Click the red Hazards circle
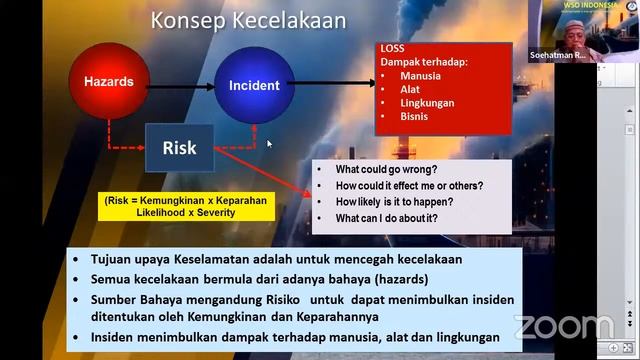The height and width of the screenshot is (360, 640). tap(109, 83)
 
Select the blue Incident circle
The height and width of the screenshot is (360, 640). tap(254, 85)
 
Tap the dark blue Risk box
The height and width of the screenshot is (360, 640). tap(180, 148)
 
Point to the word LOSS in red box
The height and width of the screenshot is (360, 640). tap(392, 48)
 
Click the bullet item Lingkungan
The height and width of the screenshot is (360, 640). tap(427, 103)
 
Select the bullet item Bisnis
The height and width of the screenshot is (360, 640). tap(416, 118)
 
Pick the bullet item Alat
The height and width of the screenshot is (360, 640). tap(411, 89)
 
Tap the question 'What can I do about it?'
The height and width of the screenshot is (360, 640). tap(386, 218)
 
